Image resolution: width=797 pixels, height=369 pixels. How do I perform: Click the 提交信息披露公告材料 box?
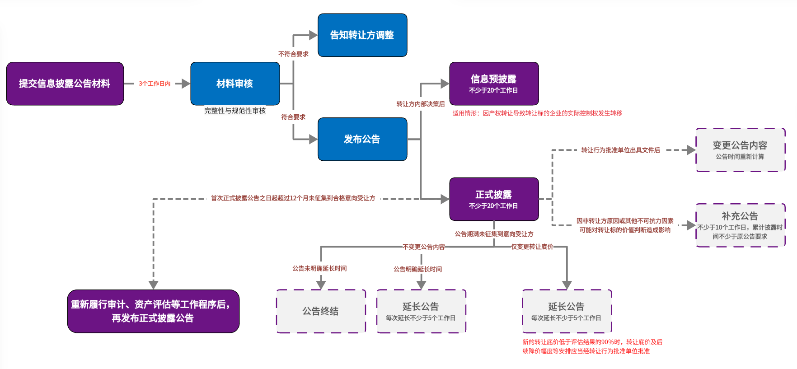click(65, 84)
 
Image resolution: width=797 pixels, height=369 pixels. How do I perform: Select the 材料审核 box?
click(235, 84)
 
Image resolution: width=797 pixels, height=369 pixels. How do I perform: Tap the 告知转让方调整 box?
click(362, 35)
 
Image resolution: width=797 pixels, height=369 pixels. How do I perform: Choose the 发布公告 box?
click(362, 139)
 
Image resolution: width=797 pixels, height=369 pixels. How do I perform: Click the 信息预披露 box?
click(494, 84)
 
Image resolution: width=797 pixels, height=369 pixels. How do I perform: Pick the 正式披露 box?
click(494, 199)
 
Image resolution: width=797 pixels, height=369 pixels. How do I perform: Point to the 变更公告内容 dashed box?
click(740, 150)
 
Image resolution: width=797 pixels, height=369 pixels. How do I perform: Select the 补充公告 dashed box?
click(740, 225)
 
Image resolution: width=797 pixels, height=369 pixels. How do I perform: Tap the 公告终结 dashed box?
click(321, 311)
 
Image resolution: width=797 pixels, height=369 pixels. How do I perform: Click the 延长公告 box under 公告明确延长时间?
click(421, 311)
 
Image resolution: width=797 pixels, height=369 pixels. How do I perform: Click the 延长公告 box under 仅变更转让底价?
click(567, 311)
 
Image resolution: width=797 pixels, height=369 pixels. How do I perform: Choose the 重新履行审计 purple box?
click(153, 311)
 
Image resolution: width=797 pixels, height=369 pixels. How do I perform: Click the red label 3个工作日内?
click(155, 84)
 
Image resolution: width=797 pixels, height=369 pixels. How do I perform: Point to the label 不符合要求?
click(293, 54)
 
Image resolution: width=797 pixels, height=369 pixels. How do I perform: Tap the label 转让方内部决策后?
click(421, 104)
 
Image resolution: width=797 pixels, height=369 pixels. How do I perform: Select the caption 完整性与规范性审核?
click(235, 111)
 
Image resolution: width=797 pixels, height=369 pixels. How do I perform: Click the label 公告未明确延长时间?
click(319, 268)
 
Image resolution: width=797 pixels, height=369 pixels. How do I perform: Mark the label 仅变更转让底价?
click(532, 247)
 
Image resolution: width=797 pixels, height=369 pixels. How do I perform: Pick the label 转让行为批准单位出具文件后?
click(620, 150)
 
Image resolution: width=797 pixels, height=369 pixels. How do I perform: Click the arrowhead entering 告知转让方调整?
click(313, 35)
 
